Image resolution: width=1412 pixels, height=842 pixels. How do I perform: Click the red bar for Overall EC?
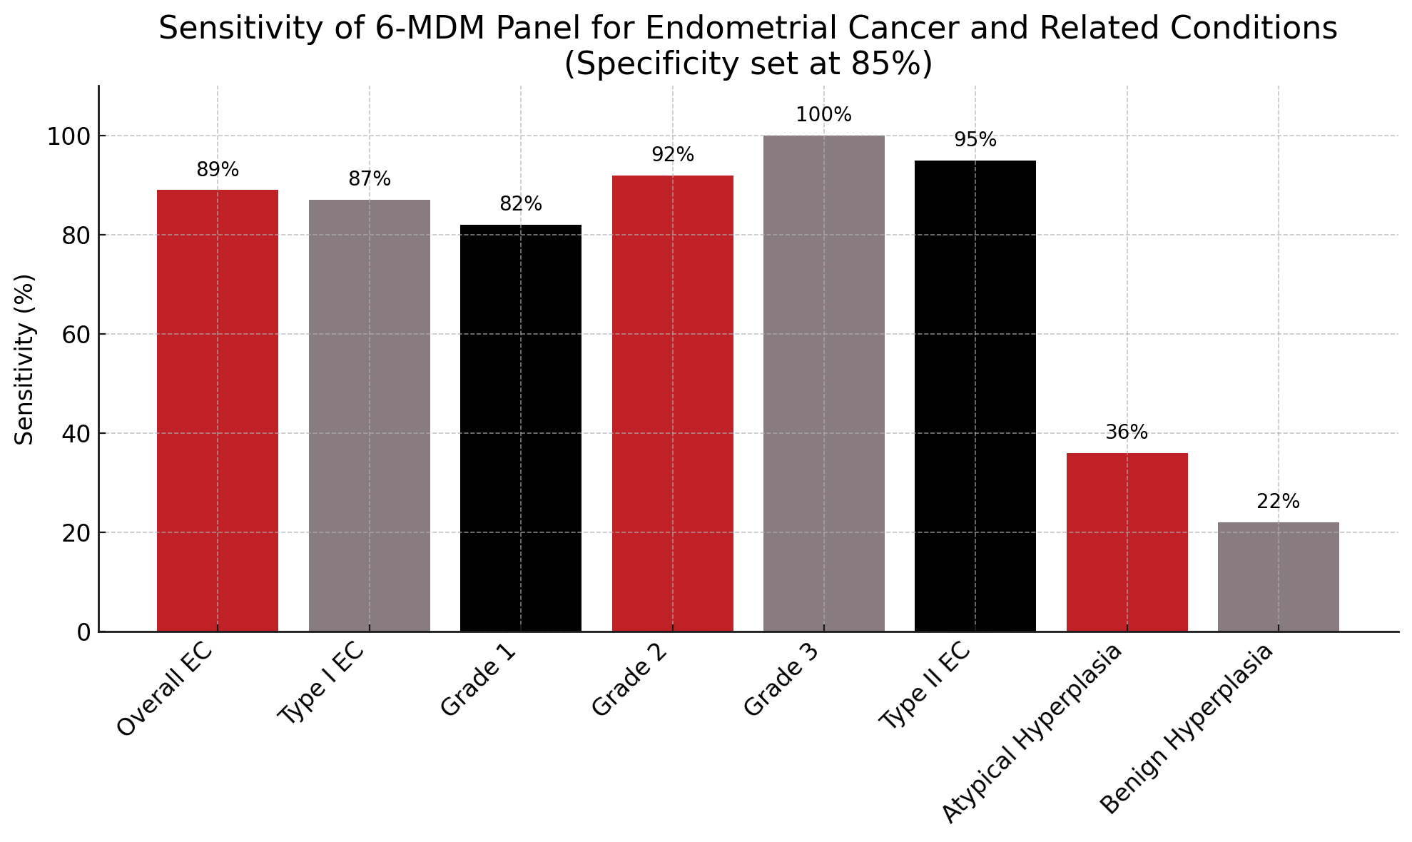point(217,410)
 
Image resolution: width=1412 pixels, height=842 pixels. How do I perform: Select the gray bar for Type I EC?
point(369,415)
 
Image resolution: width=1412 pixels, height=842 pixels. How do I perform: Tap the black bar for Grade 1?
point(520,428)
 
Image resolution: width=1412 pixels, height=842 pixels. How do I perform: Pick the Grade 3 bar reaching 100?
point(823,383)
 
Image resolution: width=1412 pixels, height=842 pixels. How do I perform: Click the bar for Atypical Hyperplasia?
point(1127,542)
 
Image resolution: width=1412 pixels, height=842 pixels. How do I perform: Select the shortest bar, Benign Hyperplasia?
point(1278,577)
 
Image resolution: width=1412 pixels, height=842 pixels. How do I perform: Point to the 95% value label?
point(975,140)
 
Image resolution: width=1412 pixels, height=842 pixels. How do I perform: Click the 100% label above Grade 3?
point(823,115)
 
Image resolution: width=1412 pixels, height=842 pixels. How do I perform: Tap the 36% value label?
point(1127,432)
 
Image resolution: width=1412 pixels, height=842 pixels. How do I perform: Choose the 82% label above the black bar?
point(520,204)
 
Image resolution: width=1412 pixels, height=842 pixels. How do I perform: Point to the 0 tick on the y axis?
point(84,632)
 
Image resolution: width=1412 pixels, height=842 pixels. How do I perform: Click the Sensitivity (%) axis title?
point(24,359)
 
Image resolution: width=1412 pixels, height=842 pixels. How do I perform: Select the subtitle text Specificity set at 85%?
point(748,64)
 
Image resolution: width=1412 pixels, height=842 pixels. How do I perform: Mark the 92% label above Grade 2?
point(672,155)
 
